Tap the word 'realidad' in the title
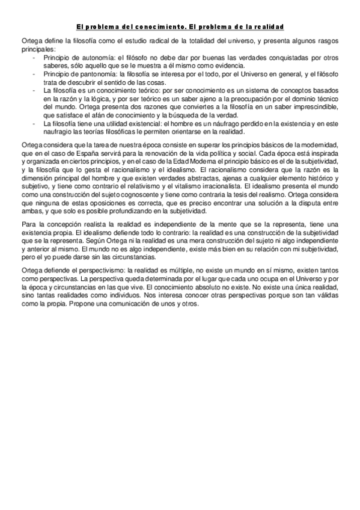click(267, 27)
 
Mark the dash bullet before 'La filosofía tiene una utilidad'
click(35, 124)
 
